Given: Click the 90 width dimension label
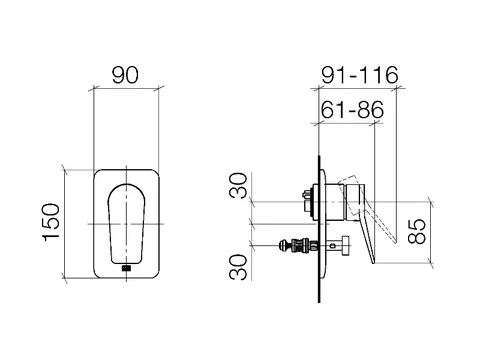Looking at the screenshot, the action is [x=125, y=75].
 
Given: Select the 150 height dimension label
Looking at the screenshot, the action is [x=51, y=222].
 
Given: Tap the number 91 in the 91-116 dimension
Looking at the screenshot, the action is [x=334, y=75].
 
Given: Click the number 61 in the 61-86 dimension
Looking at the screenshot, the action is [x=333, y=109].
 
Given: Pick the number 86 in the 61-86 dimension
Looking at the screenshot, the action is [x=371, y=109].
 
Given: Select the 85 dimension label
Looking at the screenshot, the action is [x=417, y=231].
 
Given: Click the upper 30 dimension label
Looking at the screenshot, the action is [x=239, y=185].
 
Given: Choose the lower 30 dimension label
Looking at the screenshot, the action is [x=239, y=267].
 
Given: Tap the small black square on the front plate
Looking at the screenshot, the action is [x=126, y=268].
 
